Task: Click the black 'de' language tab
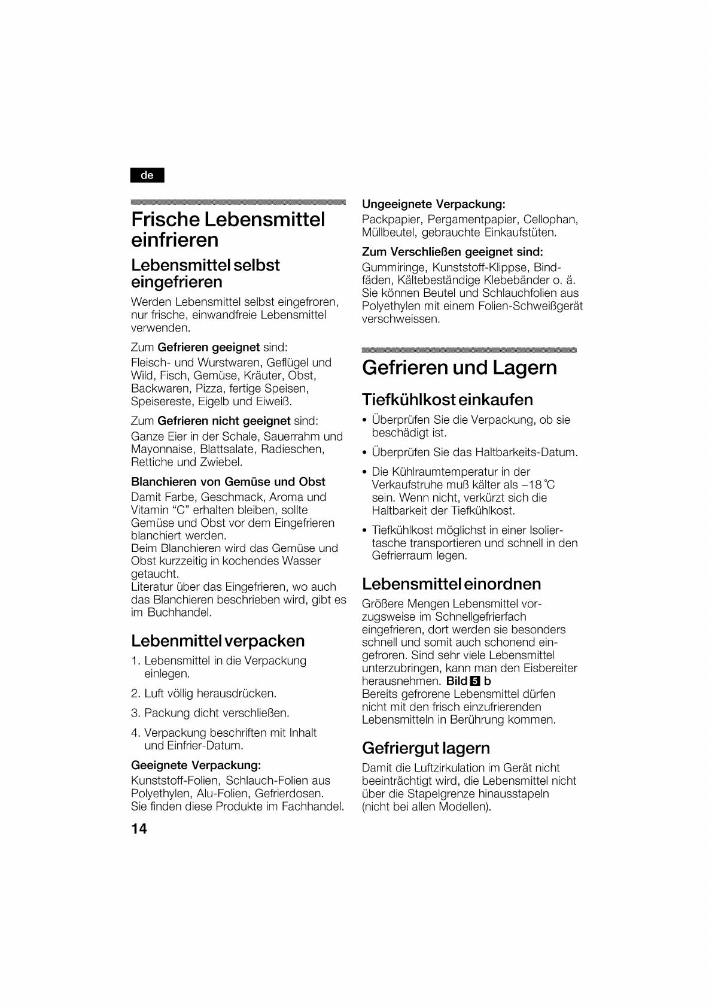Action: coord(147,175)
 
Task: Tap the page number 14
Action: coord(139,828)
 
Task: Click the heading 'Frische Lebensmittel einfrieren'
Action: coord(228,229)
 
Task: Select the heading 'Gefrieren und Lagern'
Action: coord(459,368)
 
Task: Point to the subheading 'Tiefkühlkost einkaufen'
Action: coord(447,399)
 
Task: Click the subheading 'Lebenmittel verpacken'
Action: coord(218,641)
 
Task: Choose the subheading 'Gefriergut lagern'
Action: coord(425,748)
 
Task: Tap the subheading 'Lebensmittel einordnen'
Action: coord(451,584)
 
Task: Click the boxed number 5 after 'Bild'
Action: coord(476,681)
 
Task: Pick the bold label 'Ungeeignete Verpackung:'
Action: coord(433,204)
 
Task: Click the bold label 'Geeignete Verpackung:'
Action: coord(196,765)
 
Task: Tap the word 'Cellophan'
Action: coord(550,220)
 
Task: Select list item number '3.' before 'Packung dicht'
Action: coord(135,713)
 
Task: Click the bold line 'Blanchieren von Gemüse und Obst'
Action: coord(228,482)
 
